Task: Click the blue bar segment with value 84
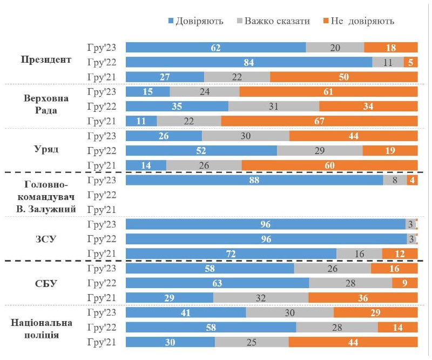click(x=248, y=62)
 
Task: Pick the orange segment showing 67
click(x=319, y=121)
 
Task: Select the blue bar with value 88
click(x=254, y=180)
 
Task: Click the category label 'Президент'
click(x=46, y=59)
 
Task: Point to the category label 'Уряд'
click(x=46, y=150)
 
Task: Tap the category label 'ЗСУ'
click(x=46, y=239)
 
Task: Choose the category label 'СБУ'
click(x=46, y=283)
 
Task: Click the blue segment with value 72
click(x=231, y=254)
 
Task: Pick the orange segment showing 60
click(x=329, y=165)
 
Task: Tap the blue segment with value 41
click(x=185, y=313)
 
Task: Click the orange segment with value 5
click(x=410, y=62)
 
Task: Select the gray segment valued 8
click(x=395, y=180)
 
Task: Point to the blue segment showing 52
click(x=201, y=150)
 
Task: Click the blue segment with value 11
click(x=141, y=121)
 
